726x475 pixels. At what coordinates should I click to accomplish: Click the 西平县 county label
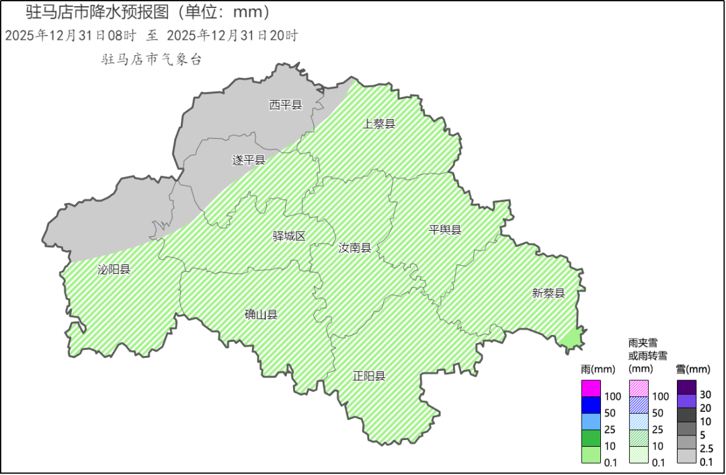(286, 105)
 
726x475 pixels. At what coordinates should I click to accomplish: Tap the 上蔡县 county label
(378, 124)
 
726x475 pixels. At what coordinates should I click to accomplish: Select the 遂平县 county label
(249, 160)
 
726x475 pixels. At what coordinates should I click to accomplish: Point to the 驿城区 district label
(289, 236)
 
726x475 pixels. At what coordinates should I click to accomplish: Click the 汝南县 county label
(355, 248)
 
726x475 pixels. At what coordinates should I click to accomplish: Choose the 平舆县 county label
(445, 230)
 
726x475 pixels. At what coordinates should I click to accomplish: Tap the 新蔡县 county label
(549, 293)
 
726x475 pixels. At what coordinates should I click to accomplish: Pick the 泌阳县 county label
(114, 269)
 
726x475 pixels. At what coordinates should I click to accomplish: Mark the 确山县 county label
(261, 314)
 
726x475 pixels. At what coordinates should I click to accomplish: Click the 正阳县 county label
(369, 376)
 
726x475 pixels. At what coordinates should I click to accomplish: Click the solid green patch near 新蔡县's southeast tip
(571, 340)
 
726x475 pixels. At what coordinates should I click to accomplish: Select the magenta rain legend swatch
(591, 388)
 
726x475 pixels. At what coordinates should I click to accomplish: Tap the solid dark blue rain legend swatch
(591, 405)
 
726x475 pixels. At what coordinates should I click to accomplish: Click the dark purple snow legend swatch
(686, 388)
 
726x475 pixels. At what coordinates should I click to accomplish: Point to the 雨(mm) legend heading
(598, 369)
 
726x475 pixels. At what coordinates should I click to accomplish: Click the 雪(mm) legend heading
(692, 369)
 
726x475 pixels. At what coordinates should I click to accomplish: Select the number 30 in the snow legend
(706, 394)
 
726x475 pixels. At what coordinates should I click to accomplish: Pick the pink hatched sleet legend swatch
(639, 388)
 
